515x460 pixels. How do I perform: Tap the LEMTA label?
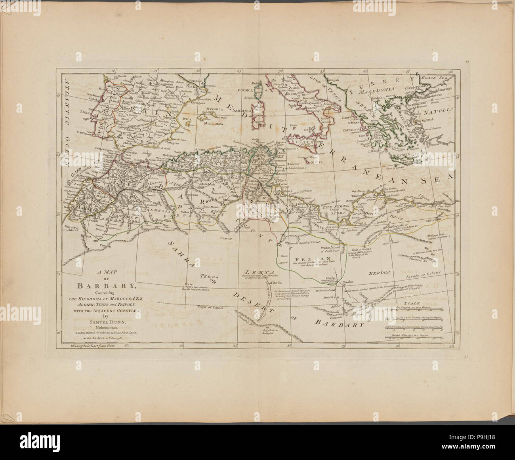pyautogui.click(x=258, y=272)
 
